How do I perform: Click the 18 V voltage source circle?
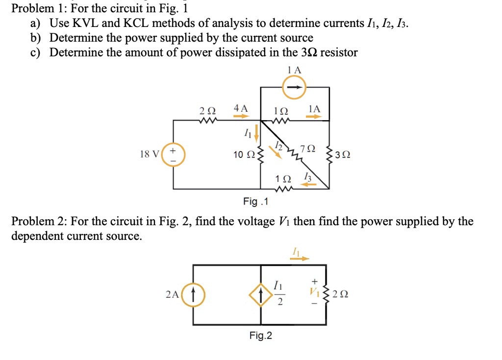pos(173,154)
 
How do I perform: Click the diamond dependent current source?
pos(260,295)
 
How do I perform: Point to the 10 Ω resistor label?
pos(244,155)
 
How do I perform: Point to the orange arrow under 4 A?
pos(241,117)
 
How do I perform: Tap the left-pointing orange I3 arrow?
pos(308,184)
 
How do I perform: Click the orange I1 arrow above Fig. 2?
pos(298,258)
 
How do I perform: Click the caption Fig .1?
pos(256,201)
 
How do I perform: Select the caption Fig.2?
pos(260,336)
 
